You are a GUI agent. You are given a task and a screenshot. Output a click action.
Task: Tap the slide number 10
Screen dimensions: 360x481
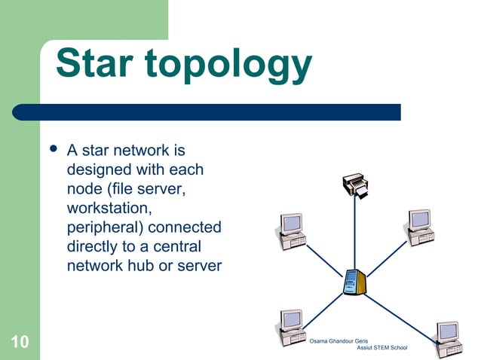20,343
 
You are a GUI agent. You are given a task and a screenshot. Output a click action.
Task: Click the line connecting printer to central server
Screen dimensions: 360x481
355,233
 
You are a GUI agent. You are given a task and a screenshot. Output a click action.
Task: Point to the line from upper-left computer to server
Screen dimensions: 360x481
324,259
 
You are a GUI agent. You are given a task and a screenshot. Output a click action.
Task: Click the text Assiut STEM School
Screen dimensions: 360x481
381,348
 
